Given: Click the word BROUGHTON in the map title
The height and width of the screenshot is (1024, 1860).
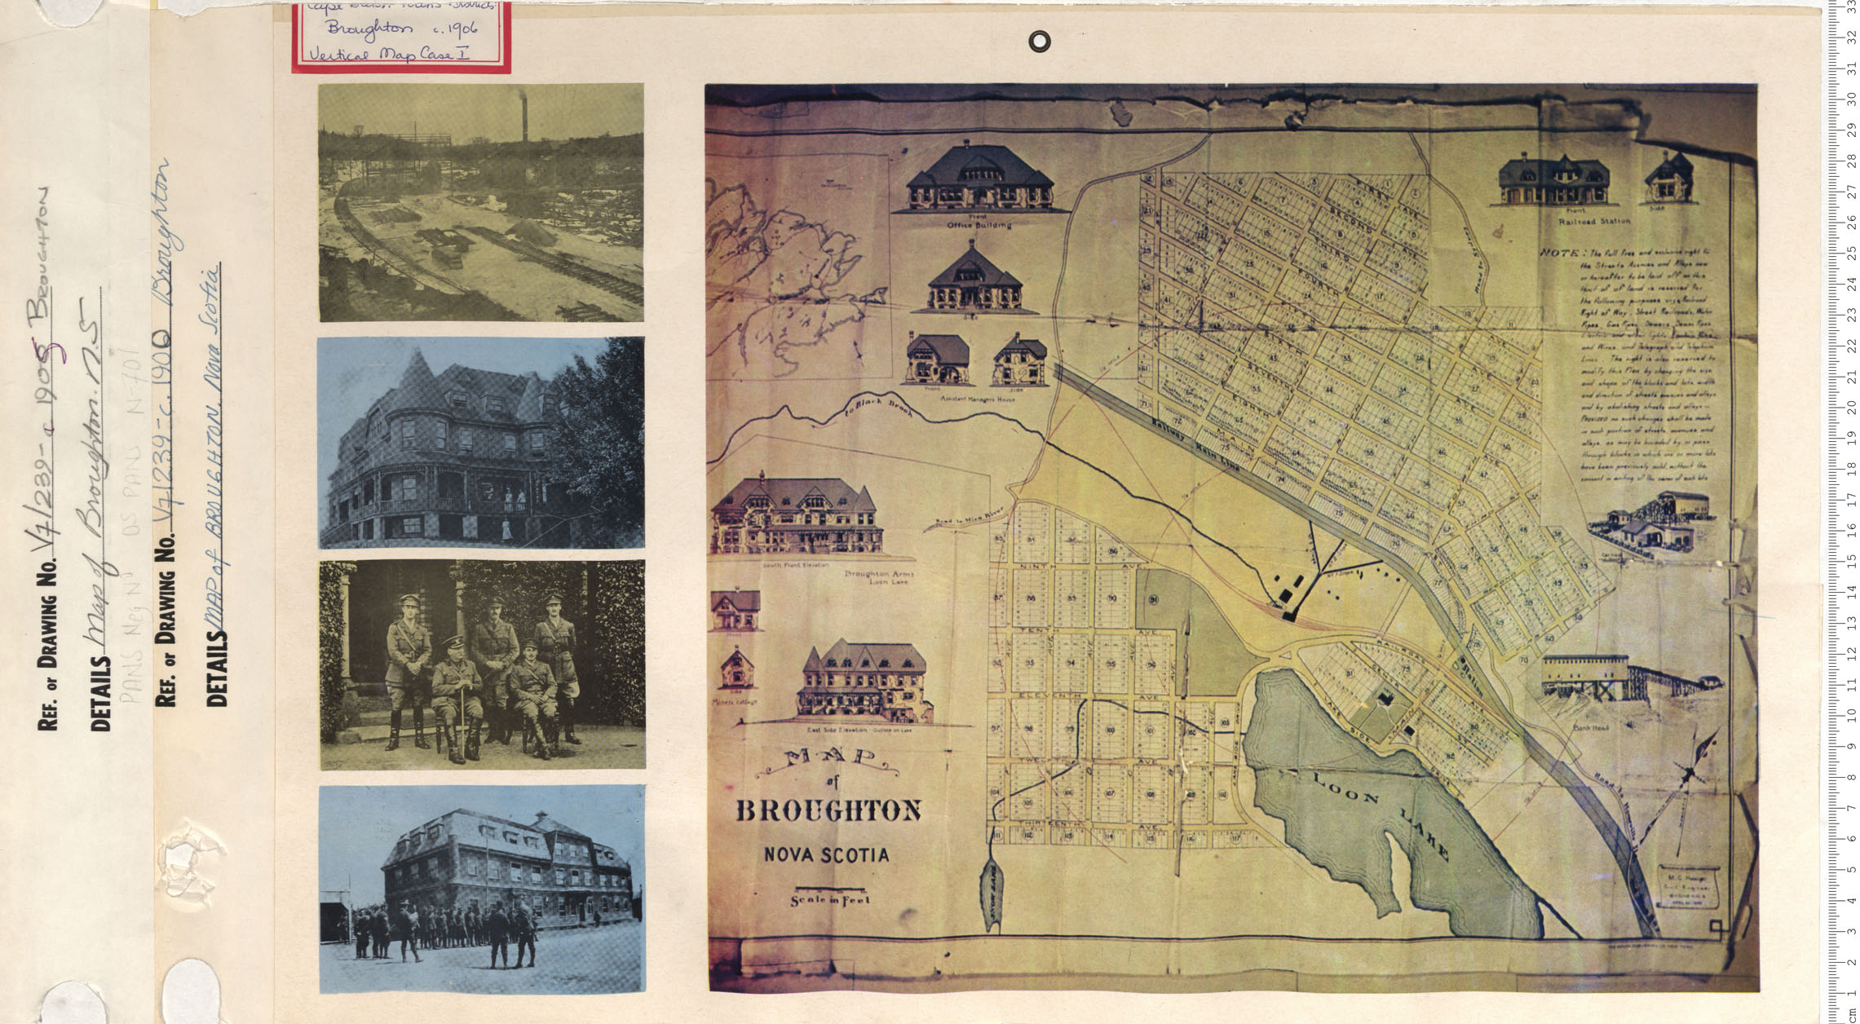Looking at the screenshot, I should click(x=828, y=811).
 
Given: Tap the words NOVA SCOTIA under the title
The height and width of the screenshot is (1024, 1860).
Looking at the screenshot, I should click(x=826, y=855).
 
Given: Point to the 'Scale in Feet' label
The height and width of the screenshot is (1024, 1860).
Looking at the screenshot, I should click(x=829, y=900).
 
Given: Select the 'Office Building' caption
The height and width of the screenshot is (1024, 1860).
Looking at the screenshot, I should click(x=979, y=223).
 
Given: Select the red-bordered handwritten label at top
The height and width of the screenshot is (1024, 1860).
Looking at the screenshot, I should click(x=402, y=37).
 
